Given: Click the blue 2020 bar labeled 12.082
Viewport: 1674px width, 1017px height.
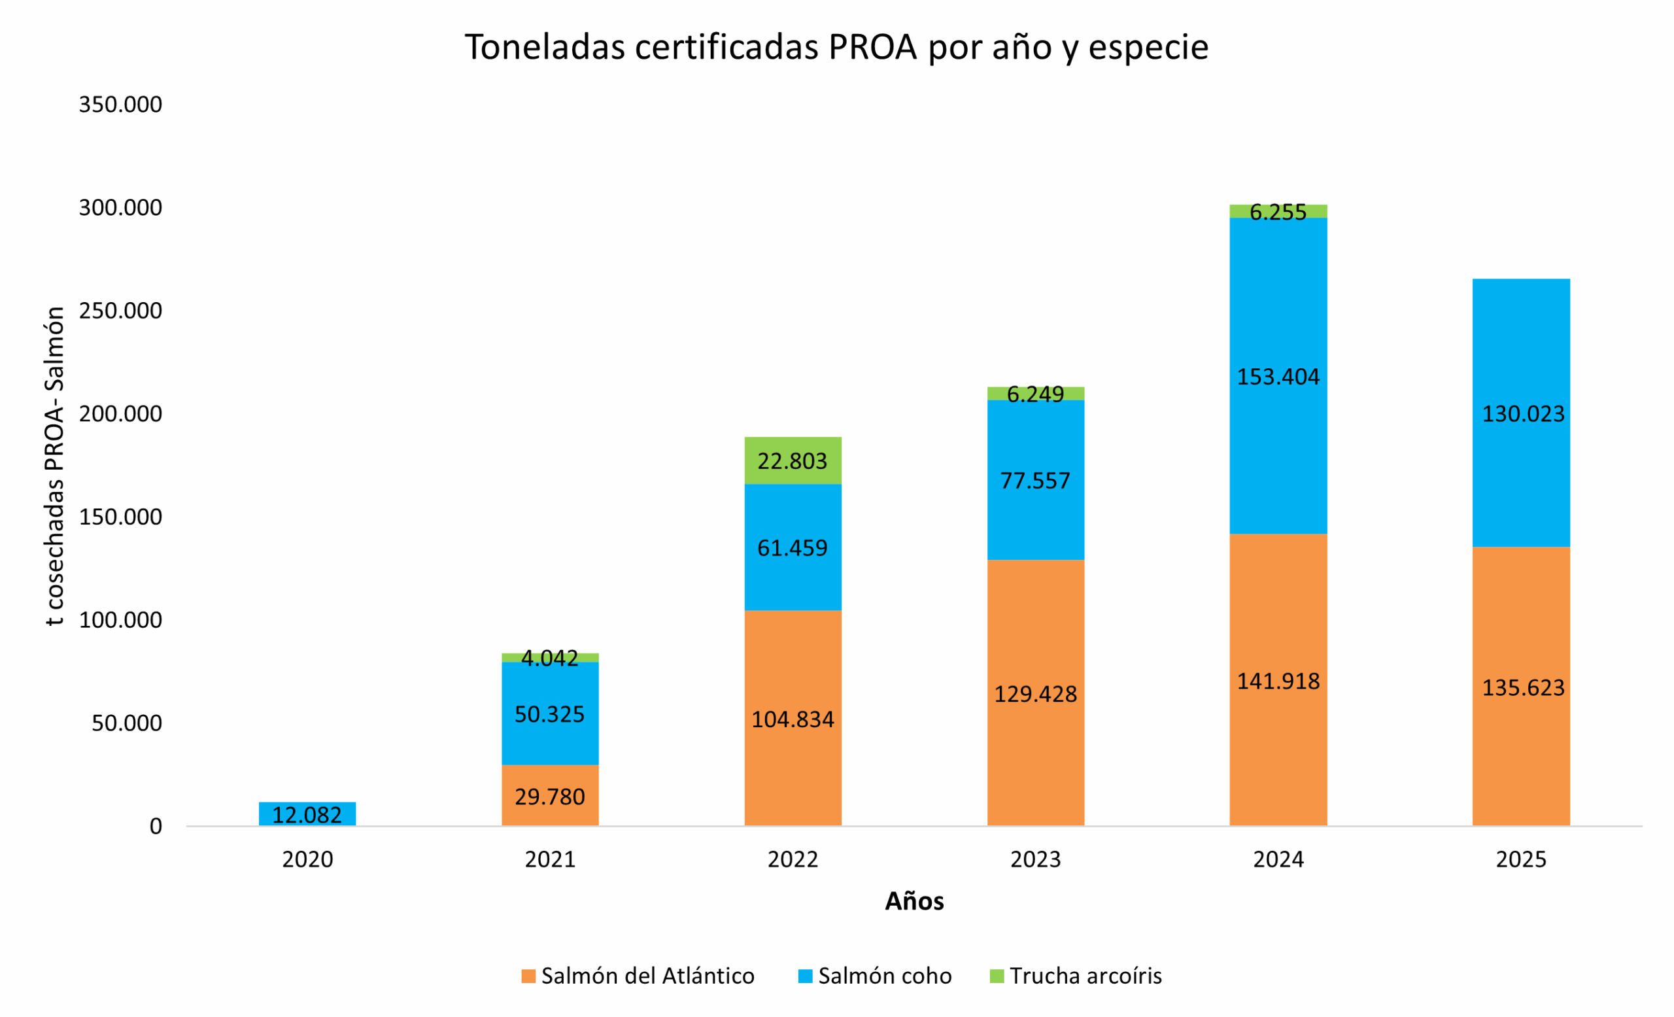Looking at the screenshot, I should point(307,814).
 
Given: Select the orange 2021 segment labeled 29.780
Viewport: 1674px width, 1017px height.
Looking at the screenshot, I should point(550,795).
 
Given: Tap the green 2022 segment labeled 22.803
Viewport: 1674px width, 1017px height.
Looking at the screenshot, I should point(792,460).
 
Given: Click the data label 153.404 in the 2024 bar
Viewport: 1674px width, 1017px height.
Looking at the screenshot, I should point(1277,376).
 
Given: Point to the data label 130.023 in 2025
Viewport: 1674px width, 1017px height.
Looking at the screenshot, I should point(1522,414).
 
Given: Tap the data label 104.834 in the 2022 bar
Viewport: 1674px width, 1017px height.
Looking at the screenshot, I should point(792,719).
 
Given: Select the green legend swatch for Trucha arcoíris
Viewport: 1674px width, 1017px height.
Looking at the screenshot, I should point(997,976).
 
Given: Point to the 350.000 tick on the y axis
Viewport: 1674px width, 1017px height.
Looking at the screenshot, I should point(120,105).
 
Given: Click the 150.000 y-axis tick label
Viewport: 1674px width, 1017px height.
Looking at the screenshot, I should point(120,517).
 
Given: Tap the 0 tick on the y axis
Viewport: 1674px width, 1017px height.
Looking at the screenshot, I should point(156,826).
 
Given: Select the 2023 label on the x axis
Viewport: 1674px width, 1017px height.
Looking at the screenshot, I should point(1034,859).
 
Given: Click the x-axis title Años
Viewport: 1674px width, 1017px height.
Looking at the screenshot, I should point(914,901).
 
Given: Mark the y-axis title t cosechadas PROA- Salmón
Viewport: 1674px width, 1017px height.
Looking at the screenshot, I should point(54,466).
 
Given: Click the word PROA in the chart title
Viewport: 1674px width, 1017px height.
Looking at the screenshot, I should point(872,48).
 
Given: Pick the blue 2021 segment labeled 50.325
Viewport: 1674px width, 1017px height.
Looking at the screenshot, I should point(550,714).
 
